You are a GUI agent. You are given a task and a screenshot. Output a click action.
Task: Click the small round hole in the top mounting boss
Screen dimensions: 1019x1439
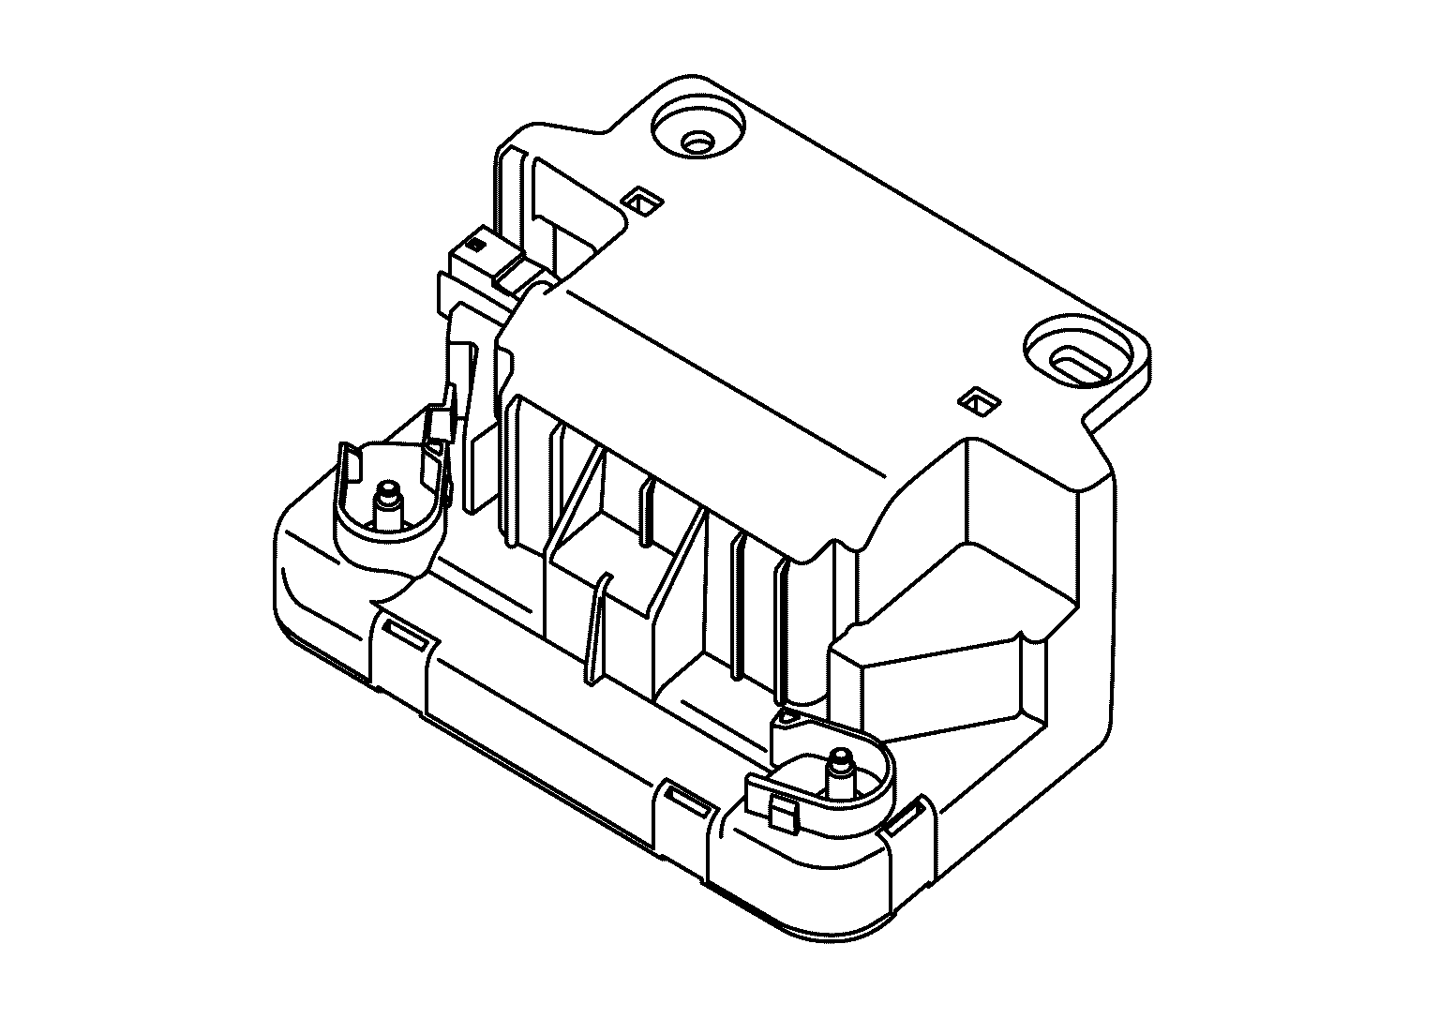[x=697, y=142]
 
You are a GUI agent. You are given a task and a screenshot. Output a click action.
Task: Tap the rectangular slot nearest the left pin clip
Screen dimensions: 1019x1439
[x=405, y=632]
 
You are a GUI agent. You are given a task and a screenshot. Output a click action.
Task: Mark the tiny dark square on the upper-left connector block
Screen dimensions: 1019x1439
[x=474, y=244]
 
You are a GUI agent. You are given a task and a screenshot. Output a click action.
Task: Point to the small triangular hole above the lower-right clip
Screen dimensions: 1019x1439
[x=788, y=718]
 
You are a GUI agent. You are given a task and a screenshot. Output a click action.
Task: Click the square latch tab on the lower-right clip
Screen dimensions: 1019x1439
[x=783, y=812]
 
